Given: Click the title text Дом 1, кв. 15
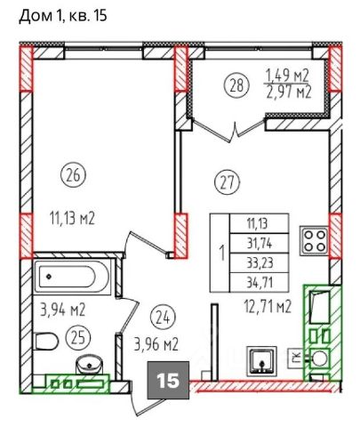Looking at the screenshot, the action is [63, 16].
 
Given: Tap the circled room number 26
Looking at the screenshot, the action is [73, 175].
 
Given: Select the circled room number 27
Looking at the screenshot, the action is [230, 182].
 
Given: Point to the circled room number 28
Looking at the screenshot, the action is [237, 85].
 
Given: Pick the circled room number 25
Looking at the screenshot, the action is [78, 338].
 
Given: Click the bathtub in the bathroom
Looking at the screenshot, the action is [73, 277].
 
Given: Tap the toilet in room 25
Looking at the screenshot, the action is [46, 341].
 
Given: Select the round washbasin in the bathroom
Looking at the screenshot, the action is [90, 365].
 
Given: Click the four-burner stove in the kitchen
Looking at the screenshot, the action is [315, 241].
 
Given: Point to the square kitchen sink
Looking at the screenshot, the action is [262, 360].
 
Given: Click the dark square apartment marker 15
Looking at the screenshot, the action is [168, 380].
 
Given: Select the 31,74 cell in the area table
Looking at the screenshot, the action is [260, 244].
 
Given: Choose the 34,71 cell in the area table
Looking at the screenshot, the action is [260, 283].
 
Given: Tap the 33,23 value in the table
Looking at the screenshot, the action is [260, 262].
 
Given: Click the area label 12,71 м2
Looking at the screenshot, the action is [268, 307].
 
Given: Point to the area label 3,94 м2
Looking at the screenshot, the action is [62, 310].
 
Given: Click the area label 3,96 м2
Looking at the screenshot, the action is [156, 345].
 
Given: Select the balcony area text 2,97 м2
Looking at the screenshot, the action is [289, 93].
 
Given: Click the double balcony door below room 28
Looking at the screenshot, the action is [228, 131].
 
